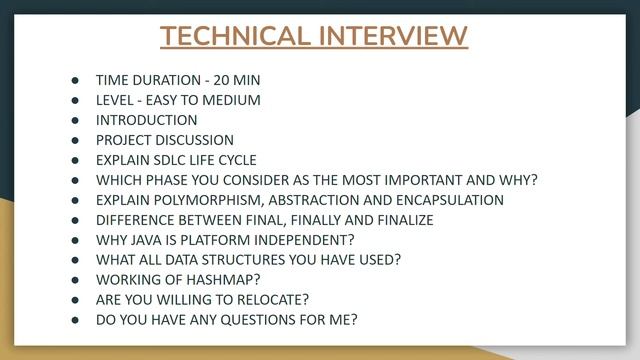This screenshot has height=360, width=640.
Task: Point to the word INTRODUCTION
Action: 146,120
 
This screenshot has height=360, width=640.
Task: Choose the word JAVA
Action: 146,240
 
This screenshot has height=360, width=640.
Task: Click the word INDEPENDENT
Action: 307,240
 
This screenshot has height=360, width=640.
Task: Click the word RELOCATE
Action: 271,300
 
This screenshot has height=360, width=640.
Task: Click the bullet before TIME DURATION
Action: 75,80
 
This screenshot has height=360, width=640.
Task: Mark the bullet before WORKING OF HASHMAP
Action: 75,280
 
